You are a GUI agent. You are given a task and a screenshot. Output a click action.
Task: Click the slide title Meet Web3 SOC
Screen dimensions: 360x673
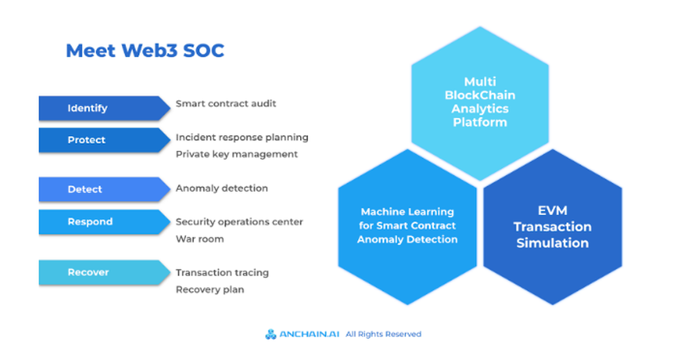pyautogui.click(x=145, y=51)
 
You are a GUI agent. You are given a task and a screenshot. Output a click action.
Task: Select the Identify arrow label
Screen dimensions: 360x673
pyautogui.click(x=87, y=108)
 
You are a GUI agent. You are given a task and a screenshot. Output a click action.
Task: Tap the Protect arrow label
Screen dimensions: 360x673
pyautogui.click(x=86, y=140)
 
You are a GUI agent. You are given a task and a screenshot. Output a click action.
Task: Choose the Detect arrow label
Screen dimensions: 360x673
pyautogui.click(x=85, y=190)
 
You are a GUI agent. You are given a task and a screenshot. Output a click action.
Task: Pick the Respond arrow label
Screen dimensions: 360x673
pyautogui.click(x=89, y=222)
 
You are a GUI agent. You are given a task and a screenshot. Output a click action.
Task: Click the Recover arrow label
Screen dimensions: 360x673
pyautogui.click(x=88, y=272)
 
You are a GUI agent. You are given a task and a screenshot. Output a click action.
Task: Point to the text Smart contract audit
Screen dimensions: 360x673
pyautogui.click(x=226, y=104)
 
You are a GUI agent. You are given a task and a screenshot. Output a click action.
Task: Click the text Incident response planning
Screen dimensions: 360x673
pyautogui.click(x=241, y=138)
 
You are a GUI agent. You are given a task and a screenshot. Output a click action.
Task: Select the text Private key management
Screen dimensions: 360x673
pyautogui.click(x=237, y=154)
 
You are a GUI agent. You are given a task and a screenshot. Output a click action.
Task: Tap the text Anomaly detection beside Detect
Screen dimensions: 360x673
pyautogui.click(x=222, y=188)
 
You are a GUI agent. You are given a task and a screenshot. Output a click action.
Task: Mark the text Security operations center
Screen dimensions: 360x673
pyautogui.click(x=239, y=222)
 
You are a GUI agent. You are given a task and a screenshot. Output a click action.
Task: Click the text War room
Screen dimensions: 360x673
pyautogui.click(x=200, y=238)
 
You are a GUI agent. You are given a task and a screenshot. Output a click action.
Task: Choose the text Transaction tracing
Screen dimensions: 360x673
pyautogui.click(x=222, y=272)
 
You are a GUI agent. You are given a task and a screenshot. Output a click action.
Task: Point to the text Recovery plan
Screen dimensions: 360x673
pyautogui.click(x=210, y=290)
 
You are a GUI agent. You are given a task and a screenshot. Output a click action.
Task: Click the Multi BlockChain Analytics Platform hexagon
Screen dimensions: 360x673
pyautogui.click(x=480, y=102)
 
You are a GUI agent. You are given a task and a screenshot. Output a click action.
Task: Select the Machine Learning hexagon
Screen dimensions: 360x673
pyautogui.click(x=407, y=225)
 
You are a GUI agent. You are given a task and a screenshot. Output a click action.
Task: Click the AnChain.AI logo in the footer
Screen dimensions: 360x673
pyautogui.click(x=302, y=334)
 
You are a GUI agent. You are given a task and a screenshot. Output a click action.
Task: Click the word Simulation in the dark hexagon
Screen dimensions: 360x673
pyautogui.click(x=552, y=243)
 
